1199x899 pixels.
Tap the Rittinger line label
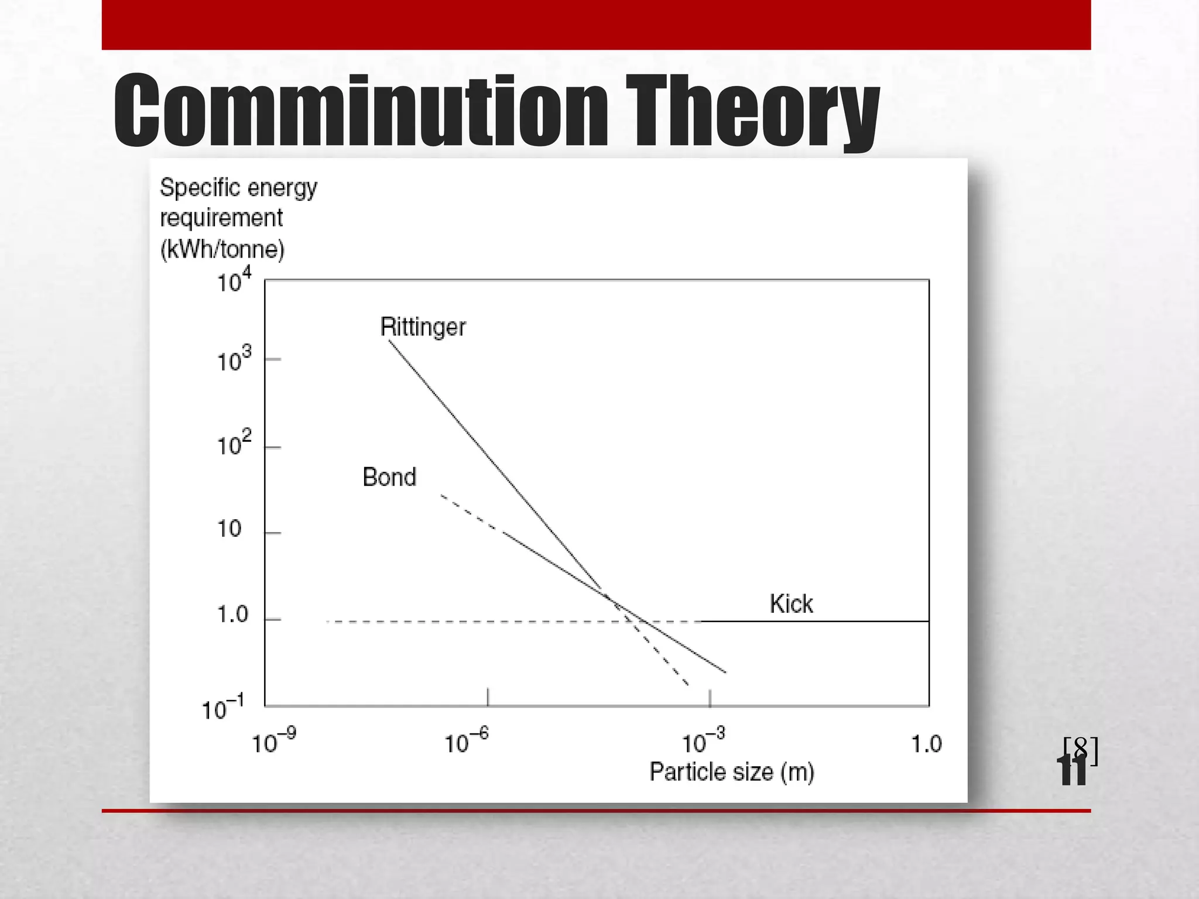pyautogui.click(x=423, y=327)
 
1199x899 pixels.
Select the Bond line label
pyautogui.click(x=389, y=477)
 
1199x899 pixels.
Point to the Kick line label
pyautogui.click(x=791, y=604)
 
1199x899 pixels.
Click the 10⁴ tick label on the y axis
pyautogui.click(x=234, y=280)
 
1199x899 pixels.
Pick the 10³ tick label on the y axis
pyautogui.click(x=234, y=359)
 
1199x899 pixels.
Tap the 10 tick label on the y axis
pyautogui.click(x=229, y=529)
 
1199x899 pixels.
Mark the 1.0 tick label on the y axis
pyautogui.click(x=232, y=615)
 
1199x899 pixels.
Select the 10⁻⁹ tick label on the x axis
pyautogui.click(x=273, y=742)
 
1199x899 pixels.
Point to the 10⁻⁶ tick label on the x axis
pyautogui.click(x=466, y=742)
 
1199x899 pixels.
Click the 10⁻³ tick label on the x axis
pyautogui.click(x=703, y=742)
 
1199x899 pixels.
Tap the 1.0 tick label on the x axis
pyautogui.click(x=926, y=744)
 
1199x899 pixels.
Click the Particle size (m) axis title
pyautogui.click(x=732, y=772)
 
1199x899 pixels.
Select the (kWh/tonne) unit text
pyautogui.click(x=222, y=249)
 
